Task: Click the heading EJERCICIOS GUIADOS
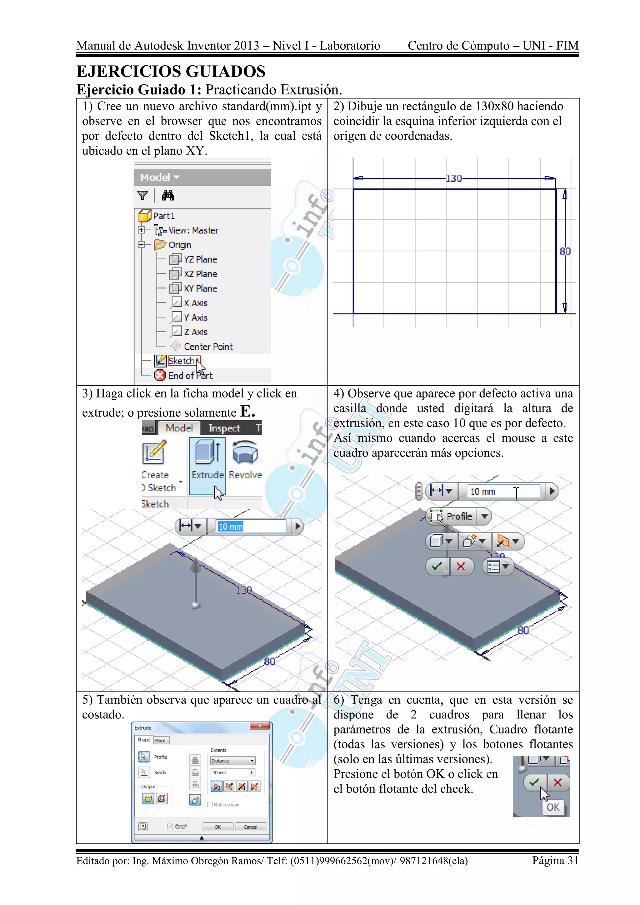(171, 72)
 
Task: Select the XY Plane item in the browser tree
(200, 288)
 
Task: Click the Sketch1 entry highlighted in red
(183, 361)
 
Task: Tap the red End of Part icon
(160, 375)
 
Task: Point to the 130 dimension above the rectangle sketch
(454, 178)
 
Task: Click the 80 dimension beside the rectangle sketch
(565, 251)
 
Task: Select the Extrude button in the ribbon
(207, 465)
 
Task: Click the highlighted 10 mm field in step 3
(251, 527)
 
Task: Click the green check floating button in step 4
(437, 567)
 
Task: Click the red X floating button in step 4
(461, 567)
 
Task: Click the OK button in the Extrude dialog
(217, 827)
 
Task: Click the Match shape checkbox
(210, 804)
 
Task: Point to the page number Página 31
(555, 860)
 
